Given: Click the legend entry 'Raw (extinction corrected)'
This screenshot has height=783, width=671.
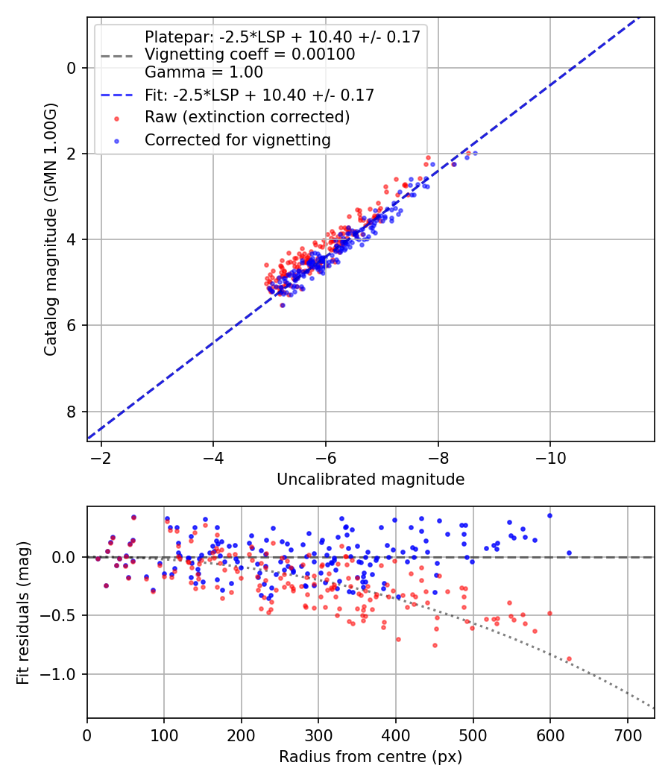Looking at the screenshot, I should (247, 117).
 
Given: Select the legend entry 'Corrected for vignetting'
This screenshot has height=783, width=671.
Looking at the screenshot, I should (237, 139).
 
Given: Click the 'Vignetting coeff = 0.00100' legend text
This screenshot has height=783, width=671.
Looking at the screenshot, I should (249, 54).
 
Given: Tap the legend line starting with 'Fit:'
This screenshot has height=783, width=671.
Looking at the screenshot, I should (259, 95).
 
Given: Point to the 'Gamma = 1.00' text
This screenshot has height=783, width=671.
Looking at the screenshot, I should (204, 72).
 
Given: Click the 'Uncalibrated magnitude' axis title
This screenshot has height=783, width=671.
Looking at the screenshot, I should (371, 479).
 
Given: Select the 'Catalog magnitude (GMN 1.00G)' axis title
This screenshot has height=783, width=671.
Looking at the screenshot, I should (50, 230).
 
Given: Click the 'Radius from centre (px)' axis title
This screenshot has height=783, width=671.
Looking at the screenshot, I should (371, 757).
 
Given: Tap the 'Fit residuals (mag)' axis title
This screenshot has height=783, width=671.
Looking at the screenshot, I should (23, 613).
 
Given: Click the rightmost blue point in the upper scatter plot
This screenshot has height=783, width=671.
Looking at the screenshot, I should (475, 153).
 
